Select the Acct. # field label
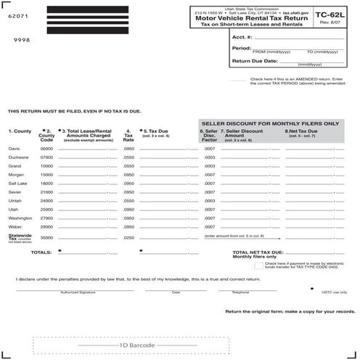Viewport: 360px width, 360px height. tap(242, 36)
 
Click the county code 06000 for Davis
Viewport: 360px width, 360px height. tap(46, 148)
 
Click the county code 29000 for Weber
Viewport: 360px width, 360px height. tap(46, 226)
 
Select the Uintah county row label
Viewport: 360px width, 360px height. tap(15, 200)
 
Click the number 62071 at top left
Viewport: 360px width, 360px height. tap(17, 15)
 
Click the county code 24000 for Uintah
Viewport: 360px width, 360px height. tap(46, 200)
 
